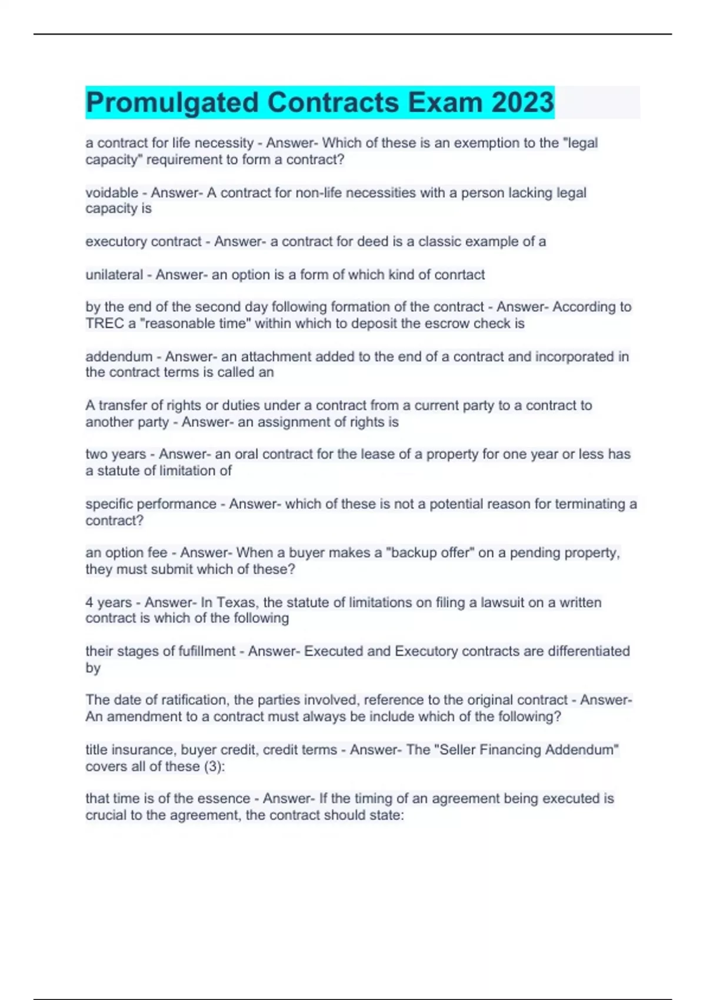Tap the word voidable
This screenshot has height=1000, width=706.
click(112, 193)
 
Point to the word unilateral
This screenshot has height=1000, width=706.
click(114, 275)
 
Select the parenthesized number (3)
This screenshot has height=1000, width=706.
click(214, 766)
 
